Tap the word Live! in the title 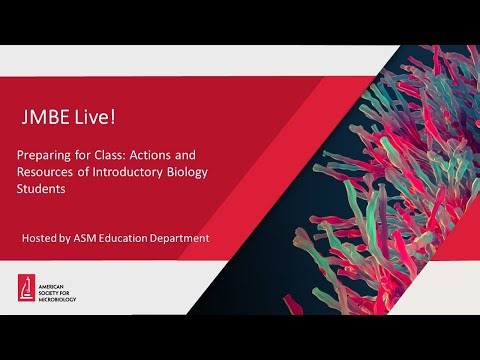(x=94, y=118)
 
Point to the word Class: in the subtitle (x=127, y=156)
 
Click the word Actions (x=171, y=156)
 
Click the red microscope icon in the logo (x=28, y=285)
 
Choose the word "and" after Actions (x=208, y=156)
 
